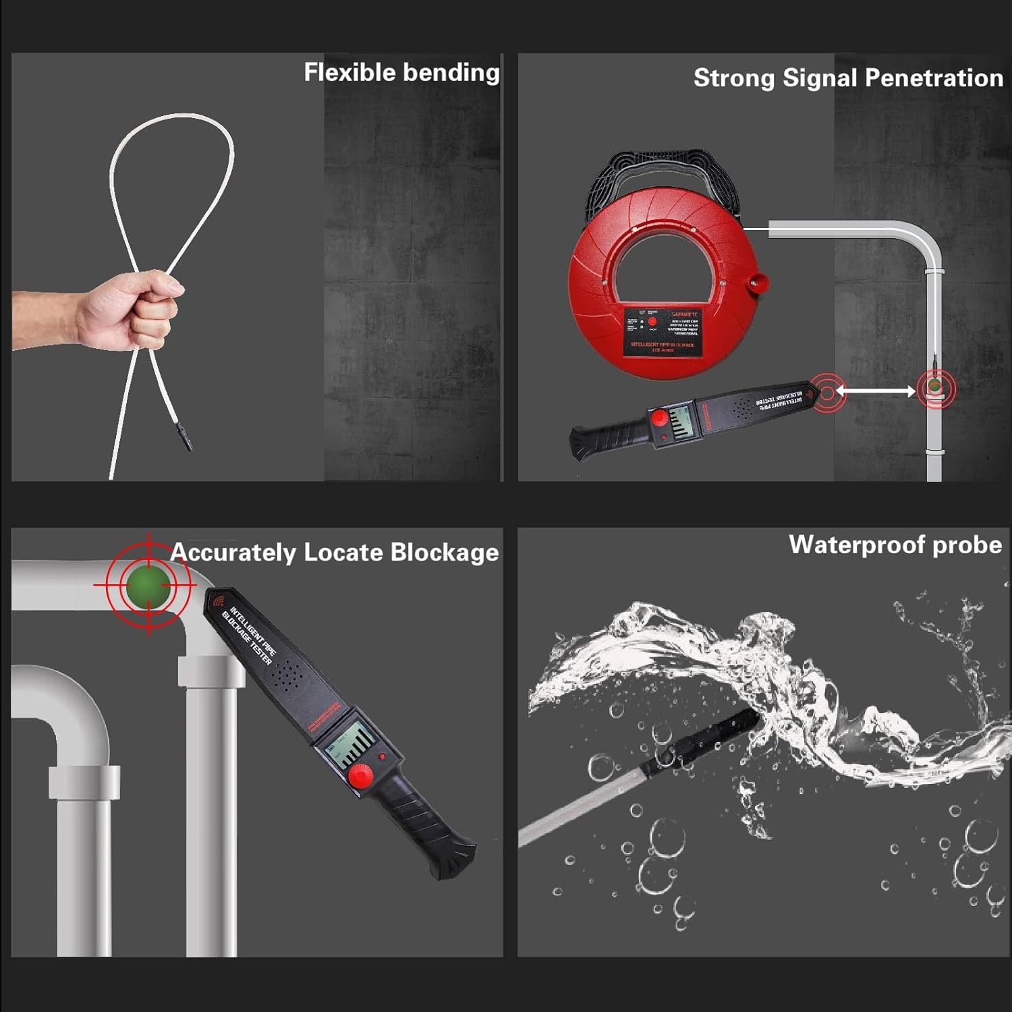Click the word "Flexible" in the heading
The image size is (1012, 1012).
349,72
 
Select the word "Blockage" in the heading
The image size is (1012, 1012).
445,553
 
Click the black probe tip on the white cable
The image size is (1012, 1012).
184,437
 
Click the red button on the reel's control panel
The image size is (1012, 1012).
652,322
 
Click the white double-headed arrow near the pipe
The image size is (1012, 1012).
876,391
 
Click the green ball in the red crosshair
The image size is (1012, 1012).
148,585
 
